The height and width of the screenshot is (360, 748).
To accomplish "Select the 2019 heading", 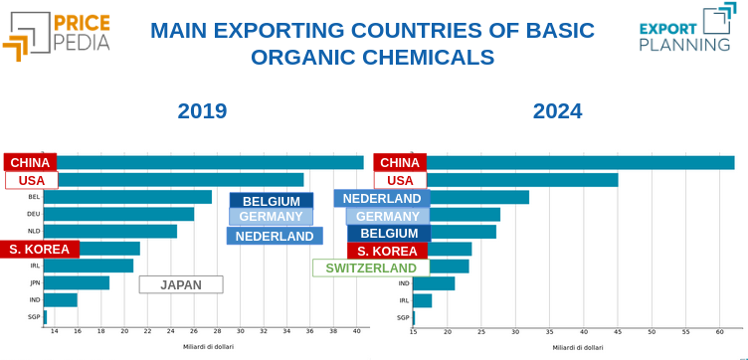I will point(202,110).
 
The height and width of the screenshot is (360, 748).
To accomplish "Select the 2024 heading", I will point(557,110).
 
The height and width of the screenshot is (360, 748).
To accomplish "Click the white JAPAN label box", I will point(181,284).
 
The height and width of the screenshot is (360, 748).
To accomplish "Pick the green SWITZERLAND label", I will point(371,269).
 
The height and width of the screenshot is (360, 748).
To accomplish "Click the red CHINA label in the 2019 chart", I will point(30,162).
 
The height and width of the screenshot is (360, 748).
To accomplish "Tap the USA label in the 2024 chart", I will point(400,180).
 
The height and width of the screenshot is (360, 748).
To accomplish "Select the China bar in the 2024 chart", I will point(580,162).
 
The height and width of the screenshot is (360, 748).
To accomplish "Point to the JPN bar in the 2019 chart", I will point(77,282).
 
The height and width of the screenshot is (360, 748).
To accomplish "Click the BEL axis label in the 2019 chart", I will point(34,197).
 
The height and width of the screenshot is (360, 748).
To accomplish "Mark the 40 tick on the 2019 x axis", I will point(356,331).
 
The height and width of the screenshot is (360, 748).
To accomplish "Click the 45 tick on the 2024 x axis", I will point(618,331).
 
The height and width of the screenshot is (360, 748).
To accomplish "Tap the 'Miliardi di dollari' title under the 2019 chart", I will point(209,347).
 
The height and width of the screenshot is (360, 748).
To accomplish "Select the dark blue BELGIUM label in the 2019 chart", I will point(271,201).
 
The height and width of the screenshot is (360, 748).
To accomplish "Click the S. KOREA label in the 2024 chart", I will point(387,251).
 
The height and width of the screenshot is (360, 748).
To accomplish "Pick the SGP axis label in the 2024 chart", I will point(403,317).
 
